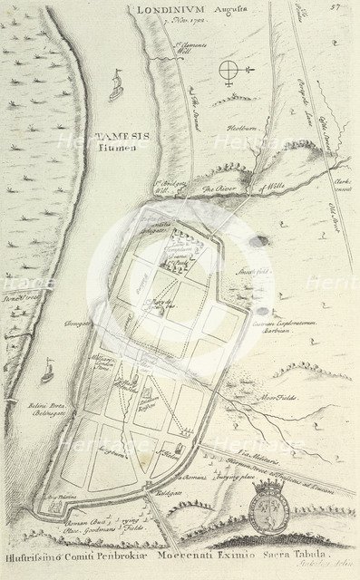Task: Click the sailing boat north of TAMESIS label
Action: [x=116, y=87]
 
